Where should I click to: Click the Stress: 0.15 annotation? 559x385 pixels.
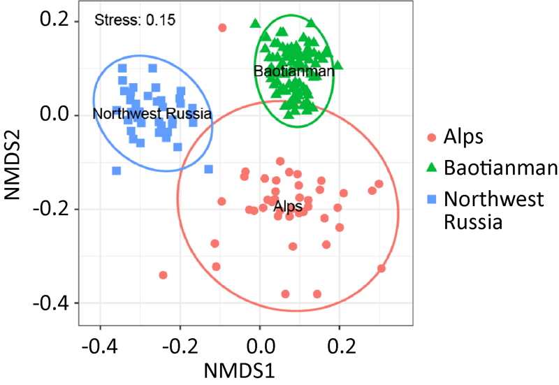(x=135, y=20)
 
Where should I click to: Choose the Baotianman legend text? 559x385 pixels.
(x=500, y=168)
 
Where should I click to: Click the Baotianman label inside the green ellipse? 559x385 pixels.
(x=282, y=71)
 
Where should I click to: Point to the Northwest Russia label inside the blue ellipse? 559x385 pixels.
(x=152, y=113)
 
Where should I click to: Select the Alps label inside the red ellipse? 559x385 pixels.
(x=287, y=206)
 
